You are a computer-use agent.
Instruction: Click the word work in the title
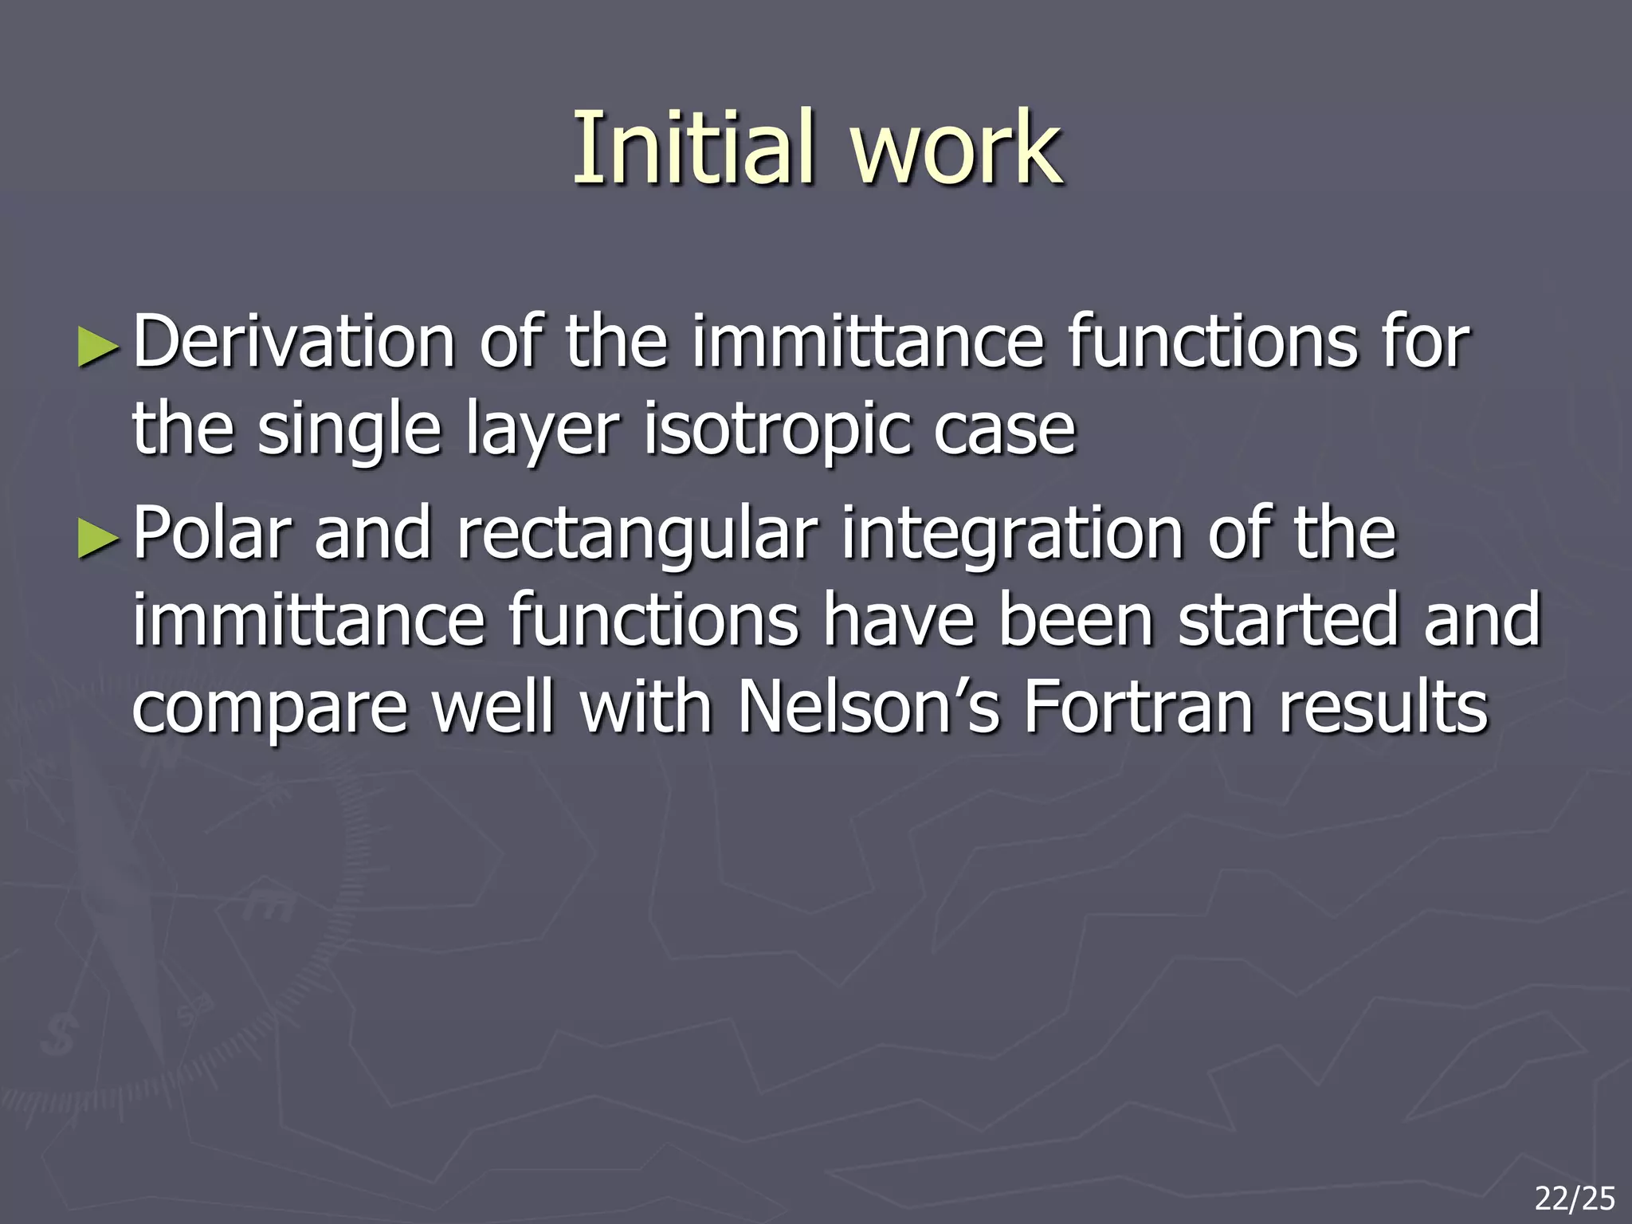955,147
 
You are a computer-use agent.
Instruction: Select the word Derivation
293,343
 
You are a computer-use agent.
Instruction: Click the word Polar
212,534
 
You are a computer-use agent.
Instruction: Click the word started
1289,621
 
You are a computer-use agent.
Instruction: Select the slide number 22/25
1575,1198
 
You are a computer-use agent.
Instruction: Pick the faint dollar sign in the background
60,1034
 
